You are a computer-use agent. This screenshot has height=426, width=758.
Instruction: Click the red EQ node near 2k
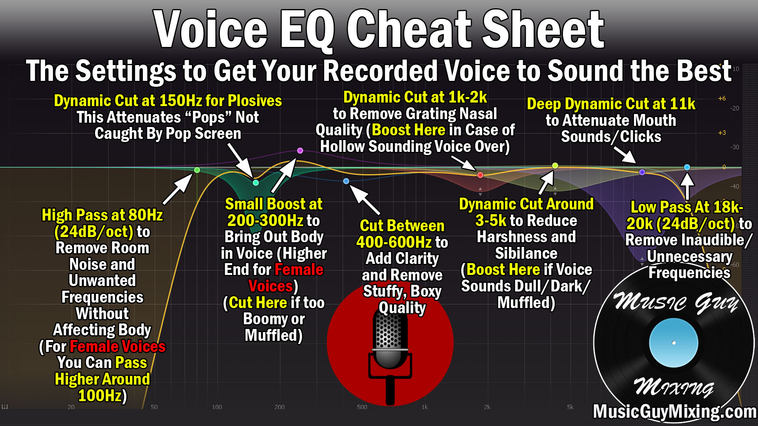tap(480, 175)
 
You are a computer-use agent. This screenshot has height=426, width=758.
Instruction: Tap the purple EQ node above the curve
tap(300, 151)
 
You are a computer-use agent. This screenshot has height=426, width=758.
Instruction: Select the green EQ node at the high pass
tap(197, 170)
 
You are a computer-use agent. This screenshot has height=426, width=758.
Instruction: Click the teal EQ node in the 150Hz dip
tap(256, 183)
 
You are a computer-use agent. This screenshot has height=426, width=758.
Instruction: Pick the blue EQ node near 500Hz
tap(346, 181)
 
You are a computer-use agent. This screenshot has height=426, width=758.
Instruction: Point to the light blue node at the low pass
tap(687, 167)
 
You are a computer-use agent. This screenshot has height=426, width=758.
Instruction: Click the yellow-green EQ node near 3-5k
tap(555, 166)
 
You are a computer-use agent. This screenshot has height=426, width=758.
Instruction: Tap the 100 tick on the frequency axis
tap(217, 407)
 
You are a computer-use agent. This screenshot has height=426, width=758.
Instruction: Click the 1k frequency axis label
tap(424, 407)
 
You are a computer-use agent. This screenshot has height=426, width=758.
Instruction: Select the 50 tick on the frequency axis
tap(154, 407)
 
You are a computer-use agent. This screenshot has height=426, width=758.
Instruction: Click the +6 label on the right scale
tap(722, 99)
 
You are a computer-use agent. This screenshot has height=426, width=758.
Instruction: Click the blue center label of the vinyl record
tap(674, 343)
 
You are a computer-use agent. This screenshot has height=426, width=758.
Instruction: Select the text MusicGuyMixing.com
tap(674, 412)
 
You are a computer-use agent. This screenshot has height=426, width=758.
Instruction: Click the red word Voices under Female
tap(270, 286)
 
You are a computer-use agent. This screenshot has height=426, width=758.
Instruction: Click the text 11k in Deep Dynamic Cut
tap(683, 104)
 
